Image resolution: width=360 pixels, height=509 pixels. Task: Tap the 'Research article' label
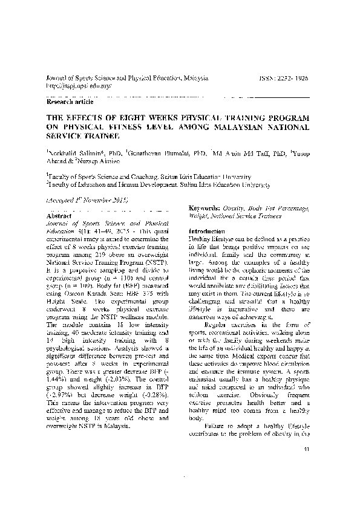pyautogui.click(x=67, y=103)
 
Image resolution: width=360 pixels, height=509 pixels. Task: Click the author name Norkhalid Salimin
pyautogui.click(x=71, y=153)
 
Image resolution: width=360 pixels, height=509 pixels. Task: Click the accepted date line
pyautogui.click(x=88, y=199)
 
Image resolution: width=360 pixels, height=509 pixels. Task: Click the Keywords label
pyautogui.click(x=209, y=208)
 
